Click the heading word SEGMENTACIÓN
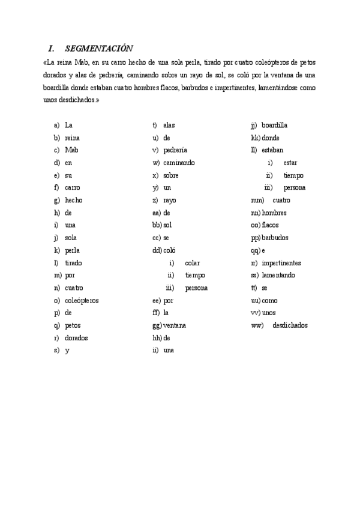pos(99,48)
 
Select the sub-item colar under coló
pos(192,263)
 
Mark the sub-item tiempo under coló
pos(195,276)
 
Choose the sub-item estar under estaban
pos(290,163)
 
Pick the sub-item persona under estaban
pos(295,188)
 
